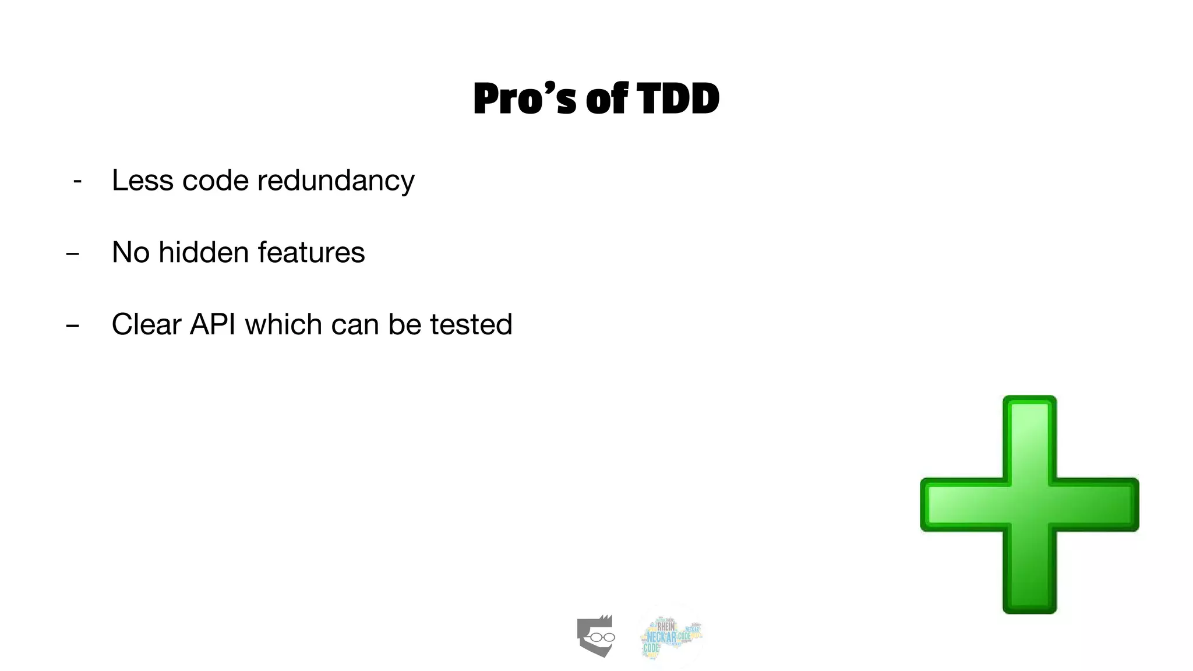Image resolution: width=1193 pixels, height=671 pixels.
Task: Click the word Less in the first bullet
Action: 143,181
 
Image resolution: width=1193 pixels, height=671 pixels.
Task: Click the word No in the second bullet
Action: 130,253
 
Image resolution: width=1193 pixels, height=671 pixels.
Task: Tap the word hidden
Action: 204,253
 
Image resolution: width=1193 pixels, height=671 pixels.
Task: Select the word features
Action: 311,253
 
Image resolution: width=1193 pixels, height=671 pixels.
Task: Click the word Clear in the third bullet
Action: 146,324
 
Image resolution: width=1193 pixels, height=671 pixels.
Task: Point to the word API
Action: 213,324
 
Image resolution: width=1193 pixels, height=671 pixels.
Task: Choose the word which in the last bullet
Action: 284,324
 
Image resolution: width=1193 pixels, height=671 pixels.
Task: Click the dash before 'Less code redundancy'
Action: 77,182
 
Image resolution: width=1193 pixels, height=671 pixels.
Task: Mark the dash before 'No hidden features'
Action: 73,254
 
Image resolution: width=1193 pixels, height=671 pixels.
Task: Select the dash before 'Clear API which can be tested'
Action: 73,326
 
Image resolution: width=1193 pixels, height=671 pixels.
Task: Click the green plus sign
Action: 1029,504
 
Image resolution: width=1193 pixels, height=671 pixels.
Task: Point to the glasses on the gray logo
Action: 602,637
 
